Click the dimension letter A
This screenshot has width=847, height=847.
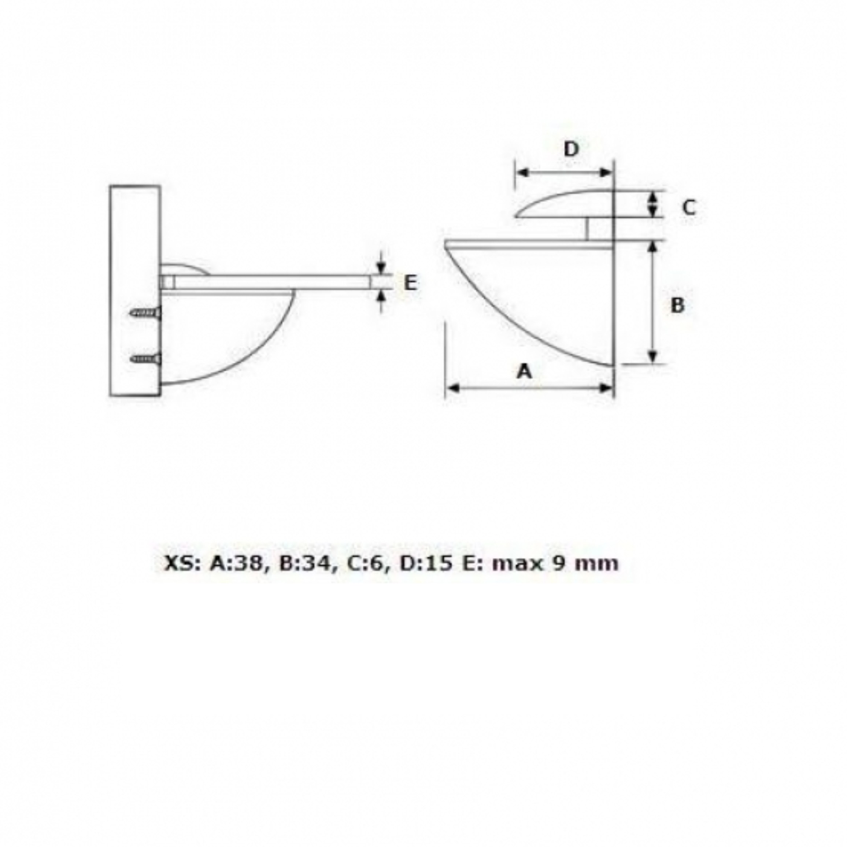click(x=524, y=372)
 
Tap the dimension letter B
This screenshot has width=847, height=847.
click(x=677, y=306)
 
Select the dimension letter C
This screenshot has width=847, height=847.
click(x=689, y=207)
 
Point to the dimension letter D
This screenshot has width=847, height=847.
click(x=571, y=149)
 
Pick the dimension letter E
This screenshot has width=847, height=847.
click(x=410, y=283)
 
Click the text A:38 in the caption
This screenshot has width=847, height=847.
click(x=236, y=563)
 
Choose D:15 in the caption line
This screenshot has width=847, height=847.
click(x=425, y=563)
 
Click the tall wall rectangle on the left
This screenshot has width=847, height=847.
click(x=135, y=291)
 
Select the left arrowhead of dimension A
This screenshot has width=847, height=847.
click(x=452, y=388)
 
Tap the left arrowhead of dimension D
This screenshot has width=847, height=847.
click(x=522, y=172)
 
